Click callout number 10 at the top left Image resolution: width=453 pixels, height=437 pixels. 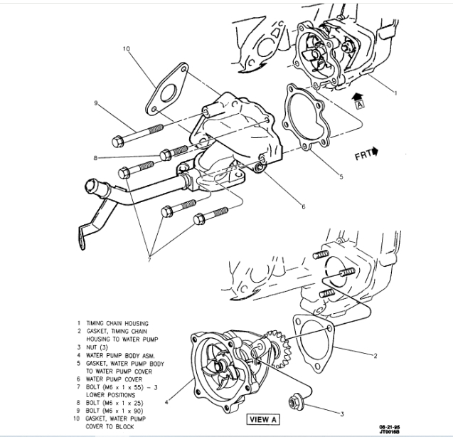(126, 49)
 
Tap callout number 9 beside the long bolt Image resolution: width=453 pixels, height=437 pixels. (94, 104)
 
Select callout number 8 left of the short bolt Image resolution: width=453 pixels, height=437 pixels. (94, 158)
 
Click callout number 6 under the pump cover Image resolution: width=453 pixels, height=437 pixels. (303, 207)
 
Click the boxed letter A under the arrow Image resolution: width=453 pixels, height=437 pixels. (360, 103)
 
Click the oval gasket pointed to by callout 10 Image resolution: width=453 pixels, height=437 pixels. (168, 90)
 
